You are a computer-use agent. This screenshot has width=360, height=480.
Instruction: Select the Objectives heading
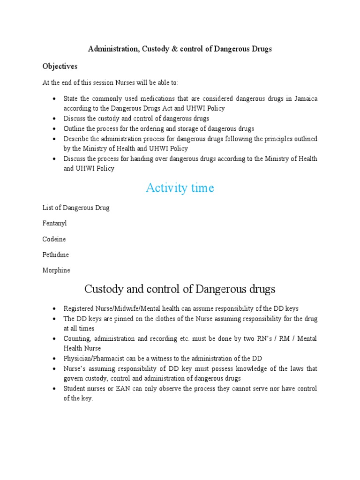(60, 66)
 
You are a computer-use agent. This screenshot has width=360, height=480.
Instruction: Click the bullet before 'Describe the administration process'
(54, 139)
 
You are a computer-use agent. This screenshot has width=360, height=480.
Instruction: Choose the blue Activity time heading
(180, 188)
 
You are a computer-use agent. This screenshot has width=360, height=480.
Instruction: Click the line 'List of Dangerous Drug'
(76, 208)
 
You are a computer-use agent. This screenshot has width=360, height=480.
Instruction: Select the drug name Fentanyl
(54, 223)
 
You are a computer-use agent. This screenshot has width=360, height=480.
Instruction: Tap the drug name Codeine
(54, 239)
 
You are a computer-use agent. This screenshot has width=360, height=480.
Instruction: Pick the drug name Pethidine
(55, 255)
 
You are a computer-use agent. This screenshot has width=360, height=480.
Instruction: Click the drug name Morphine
(56, 270)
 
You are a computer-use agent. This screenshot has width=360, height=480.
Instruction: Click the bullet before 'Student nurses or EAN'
(54, 389)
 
